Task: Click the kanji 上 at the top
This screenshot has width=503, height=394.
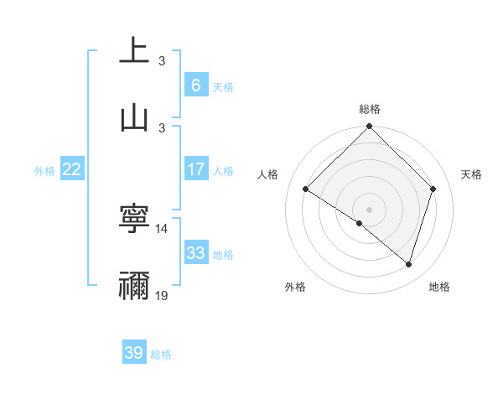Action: (134, 50)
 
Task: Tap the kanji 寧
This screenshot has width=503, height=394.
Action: (134, 220)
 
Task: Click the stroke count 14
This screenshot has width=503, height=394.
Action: (162, 228)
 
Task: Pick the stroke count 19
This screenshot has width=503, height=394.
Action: (162, 296)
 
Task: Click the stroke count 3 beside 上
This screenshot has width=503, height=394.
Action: (162, 60)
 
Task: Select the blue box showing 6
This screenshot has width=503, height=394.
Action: (195, 85)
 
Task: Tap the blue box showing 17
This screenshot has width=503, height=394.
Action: (195, 169)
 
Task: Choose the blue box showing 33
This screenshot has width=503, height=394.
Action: (195, 253)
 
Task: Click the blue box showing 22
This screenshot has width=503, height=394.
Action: (72, 169)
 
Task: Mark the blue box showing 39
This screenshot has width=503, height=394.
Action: (133, 353)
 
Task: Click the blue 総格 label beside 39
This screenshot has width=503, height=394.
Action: (161, 355)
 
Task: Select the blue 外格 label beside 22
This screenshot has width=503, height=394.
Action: (44, 171)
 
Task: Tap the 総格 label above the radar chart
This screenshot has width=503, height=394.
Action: (370, 109)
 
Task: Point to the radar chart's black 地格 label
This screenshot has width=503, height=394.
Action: (439, 287)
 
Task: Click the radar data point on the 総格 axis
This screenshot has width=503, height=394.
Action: (369, 127)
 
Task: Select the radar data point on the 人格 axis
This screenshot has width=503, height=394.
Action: (306, 189)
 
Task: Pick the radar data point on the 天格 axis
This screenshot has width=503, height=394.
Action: (433, 189)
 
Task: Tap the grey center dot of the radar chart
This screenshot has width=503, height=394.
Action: (369, 209)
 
